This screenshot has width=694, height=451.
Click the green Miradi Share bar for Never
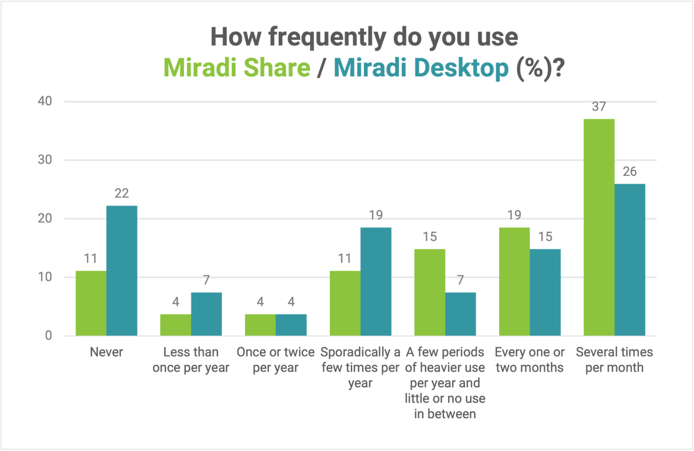pos(91,303)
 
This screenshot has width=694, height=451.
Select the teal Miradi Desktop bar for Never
pos(121,271)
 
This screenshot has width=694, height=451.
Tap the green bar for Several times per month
pos(599,228)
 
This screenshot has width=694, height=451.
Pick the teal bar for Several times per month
pos(630,260)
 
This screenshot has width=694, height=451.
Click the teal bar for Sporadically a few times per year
pos(376,282)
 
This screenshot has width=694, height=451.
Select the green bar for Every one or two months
pos(514,282)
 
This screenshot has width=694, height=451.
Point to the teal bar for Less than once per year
pos(206,314)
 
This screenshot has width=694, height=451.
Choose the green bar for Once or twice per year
pos(260,325)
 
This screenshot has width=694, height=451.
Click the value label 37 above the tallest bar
pos(599,107)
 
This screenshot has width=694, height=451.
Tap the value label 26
pos(630,172)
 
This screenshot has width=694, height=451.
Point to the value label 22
pos(121,194)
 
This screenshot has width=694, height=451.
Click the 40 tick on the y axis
pos(45,102)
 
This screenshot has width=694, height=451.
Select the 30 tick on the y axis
pos(45,160)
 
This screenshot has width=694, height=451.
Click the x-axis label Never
pos(106,352)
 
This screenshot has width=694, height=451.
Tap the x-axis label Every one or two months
pos(529,360)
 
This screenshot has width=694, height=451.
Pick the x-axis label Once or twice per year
pos(275,360)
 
